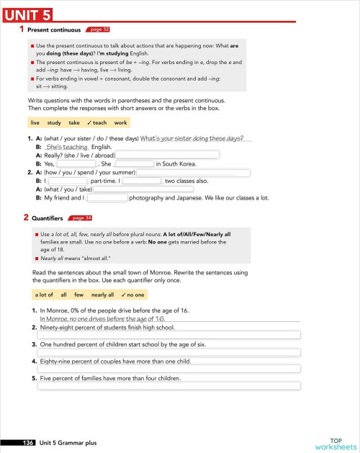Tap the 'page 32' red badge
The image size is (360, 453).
click(97, 30)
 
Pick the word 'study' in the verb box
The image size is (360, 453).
click(54, 123)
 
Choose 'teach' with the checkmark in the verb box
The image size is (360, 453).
click(96, 123)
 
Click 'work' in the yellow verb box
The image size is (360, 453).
click(120, 123)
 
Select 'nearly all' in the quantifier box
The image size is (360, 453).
click(102, 295)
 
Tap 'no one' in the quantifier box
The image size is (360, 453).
click(133, 295)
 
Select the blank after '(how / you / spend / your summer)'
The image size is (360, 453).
click(193, 173)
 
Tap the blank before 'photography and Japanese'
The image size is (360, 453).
click(107, 197)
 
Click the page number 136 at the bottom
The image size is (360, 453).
click(29, 443)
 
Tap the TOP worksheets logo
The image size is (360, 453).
click(336, 443)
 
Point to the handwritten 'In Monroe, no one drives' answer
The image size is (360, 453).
click(102, 318)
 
